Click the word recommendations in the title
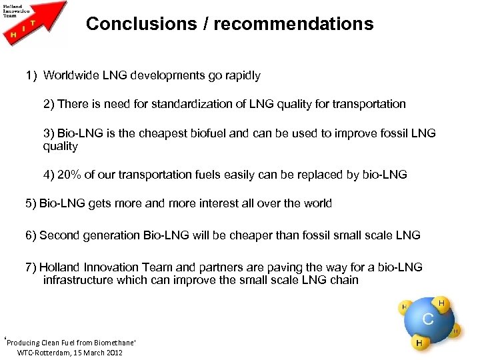[x=293, y=24]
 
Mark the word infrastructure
[x=77, y=280]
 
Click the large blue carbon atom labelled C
[x=427, y=319]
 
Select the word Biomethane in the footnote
[x=111, y=343]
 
